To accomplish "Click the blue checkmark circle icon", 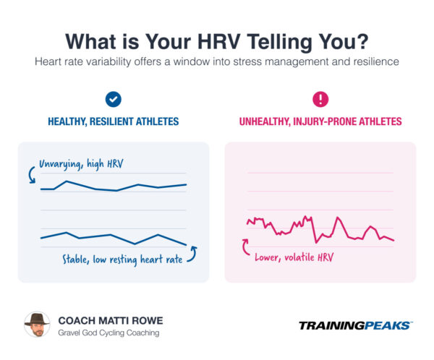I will (x=114, y=99).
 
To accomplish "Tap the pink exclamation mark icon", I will (x=320, y=99).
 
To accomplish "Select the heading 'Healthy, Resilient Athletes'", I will (x=114, y=122).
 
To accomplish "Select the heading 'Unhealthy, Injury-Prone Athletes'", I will (x=320, y=122).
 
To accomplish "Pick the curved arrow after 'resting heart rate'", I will (x=193, y=253).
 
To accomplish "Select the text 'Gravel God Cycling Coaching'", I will (x=110, y=333).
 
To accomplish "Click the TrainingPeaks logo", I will (x=355, y=325).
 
